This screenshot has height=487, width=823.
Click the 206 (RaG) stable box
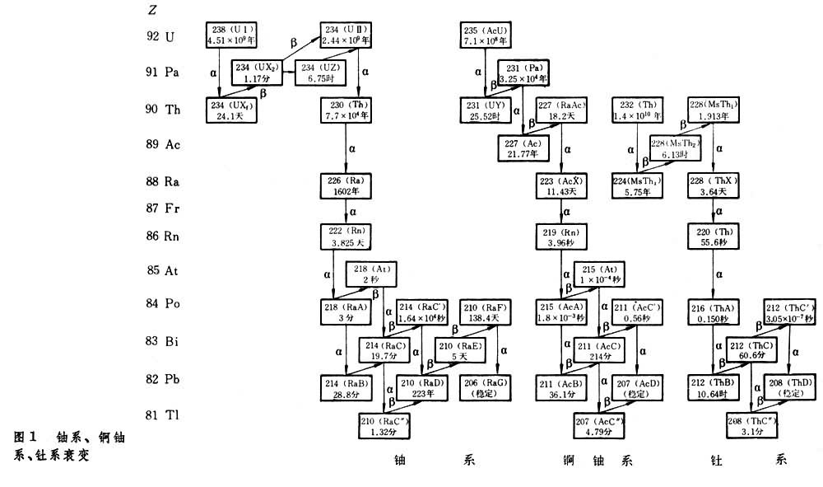click(x=479, y=387)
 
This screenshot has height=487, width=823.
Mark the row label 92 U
click(x=160, y=36)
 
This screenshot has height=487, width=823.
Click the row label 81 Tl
click(x=160, y=414)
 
